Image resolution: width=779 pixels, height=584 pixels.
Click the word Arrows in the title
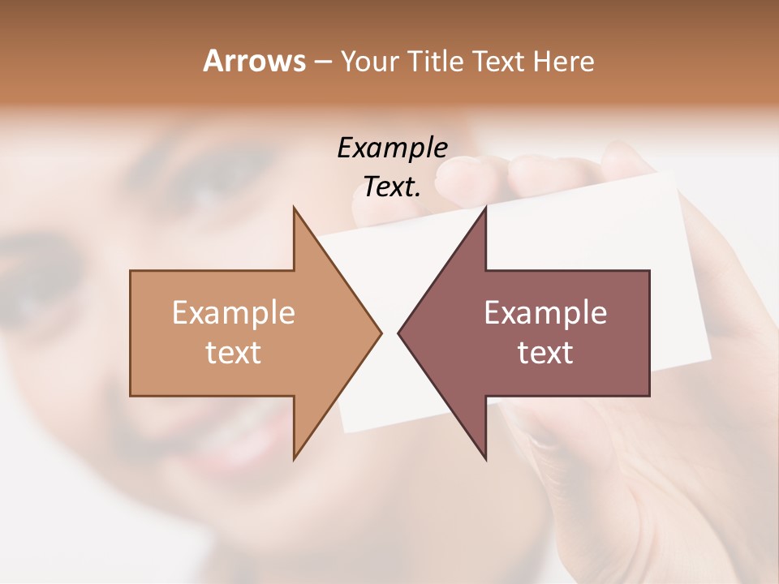254,61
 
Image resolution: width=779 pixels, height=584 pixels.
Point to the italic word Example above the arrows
392,148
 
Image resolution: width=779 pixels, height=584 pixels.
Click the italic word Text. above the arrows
392,187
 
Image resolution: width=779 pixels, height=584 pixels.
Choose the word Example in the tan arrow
233,312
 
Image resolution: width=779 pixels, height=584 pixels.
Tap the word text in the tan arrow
233,352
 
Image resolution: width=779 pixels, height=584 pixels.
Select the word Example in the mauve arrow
545,312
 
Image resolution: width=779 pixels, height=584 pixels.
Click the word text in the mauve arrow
545,352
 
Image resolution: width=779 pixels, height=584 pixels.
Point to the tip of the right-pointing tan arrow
381,333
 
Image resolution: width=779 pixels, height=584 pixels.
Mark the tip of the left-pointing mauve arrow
398,333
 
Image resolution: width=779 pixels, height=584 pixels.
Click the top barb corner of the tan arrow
294,208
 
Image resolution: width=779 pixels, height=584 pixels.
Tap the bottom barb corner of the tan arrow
294,459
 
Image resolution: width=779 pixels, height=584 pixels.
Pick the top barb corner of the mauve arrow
485,208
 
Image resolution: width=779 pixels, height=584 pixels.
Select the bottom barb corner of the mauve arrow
485,459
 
